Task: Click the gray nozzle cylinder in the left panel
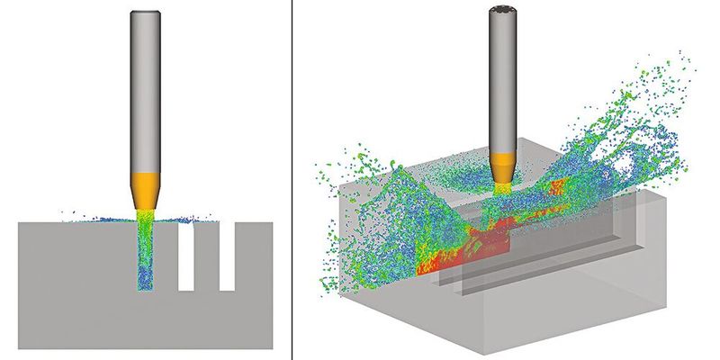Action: [x=144, y=90]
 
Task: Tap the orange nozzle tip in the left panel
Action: [x=144, y=189]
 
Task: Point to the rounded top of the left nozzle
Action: [x=144, y=13]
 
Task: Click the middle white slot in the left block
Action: [x=187, y=256]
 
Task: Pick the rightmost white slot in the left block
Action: [x=227, y=256]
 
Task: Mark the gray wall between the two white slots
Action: [x=207, y=261]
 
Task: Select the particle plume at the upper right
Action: [x=648, y=117]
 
